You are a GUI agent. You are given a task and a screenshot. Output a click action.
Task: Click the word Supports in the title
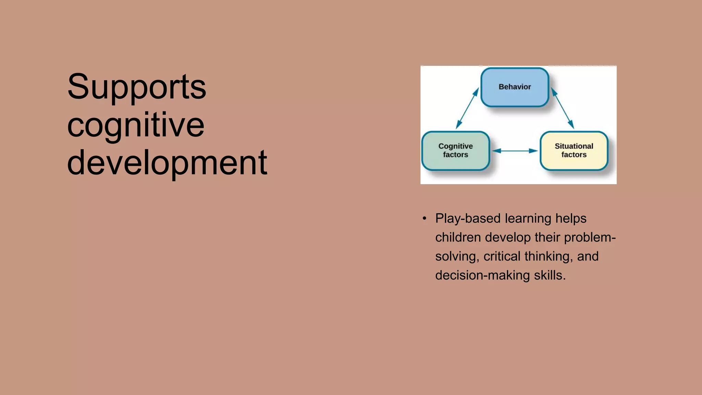point(136,87)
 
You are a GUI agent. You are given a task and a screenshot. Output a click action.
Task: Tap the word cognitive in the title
point(136,125)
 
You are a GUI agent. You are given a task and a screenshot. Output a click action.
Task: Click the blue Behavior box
point(515,87)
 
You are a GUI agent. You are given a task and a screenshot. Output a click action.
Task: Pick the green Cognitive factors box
point(456,151)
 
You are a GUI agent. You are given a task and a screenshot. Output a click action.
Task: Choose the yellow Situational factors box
point(574,151)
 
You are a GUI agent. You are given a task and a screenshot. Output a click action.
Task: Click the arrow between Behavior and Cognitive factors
point(467,108)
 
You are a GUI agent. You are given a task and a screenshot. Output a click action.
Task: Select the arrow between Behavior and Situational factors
point(562,108)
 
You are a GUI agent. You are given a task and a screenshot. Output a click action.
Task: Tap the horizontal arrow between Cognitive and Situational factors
point(515,151)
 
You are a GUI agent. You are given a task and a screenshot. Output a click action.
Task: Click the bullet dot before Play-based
point(425,218)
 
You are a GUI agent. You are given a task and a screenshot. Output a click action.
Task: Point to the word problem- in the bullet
point(590,237)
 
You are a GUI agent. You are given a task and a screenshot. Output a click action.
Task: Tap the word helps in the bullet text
point(571,218)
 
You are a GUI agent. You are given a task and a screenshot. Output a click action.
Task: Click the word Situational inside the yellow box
point(574,146)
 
